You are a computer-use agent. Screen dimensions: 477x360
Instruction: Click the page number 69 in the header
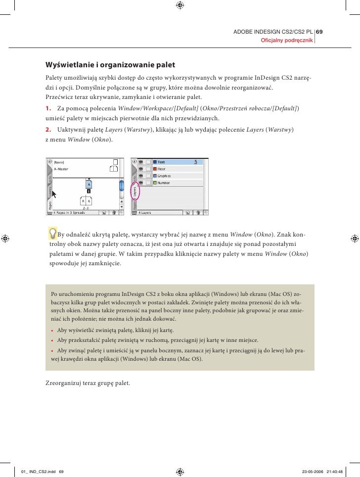(319, 32)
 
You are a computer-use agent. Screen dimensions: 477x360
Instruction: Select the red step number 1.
(48, 108)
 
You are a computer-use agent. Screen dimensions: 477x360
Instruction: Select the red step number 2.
(48, 130)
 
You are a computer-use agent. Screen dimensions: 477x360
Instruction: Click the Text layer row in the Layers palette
(173, 162)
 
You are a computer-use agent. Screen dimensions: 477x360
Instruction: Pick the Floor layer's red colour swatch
(154, 169)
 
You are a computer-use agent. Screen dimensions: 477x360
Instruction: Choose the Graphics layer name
(164, 176)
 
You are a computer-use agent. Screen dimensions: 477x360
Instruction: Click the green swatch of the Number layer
(154, 183)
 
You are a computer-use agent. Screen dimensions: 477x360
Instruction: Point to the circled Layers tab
(135, 191)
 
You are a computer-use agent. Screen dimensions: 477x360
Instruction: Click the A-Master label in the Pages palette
(61, 169)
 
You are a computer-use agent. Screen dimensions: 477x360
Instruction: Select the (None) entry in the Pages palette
(59, 162)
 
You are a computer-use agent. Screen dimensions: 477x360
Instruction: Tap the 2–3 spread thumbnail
(86, 201)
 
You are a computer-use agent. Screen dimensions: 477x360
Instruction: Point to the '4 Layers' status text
(144, 212)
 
